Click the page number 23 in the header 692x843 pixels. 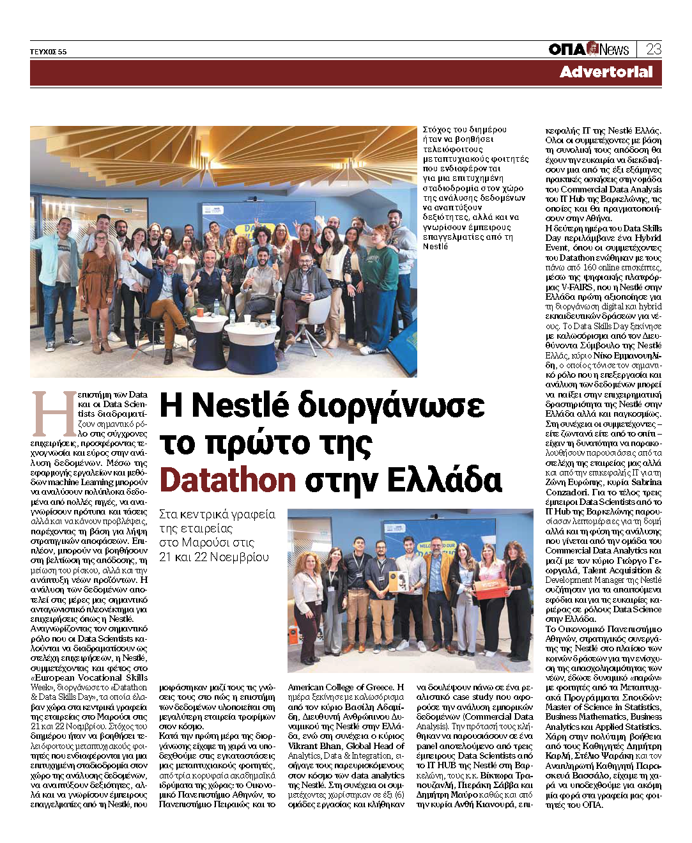coord(653,49)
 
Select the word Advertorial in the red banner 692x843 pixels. coord(606,72)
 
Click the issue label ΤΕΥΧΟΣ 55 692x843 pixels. coord(48,52)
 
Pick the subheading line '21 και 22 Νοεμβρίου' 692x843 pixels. coord(214,557)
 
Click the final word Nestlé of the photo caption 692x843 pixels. coord(435,247)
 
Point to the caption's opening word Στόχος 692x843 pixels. coord(438,130)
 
